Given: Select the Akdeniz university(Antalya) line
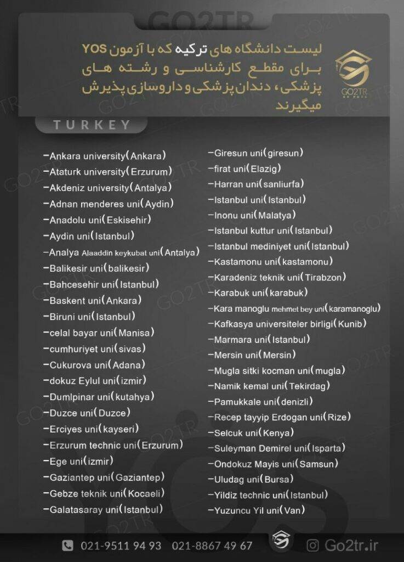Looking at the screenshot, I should [x=110, y=188].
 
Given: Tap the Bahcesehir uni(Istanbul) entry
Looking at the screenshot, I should [x=104, y=284].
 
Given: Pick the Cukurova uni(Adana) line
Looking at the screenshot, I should [x=97, y=364].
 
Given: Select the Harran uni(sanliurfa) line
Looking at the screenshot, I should [x=259, y=184].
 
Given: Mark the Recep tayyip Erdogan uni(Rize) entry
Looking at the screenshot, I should [x=282, y=417].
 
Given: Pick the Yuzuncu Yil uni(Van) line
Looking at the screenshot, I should [x=259, y=510].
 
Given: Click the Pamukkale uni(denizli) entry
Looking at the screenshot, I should [x=263, y=401].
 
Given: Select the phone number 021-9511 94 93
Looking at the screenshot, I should [x=121, y=546].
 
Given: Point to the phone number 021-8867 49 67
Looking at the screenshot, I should [x=212, y=546].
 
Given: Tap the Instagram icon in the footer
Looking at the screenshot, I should [x=312, y=546].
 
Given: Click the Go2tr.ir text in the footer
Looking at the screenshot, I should [x=351, y=546].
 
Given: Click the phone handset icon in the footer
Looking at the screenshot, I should [x=67, y=546].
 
